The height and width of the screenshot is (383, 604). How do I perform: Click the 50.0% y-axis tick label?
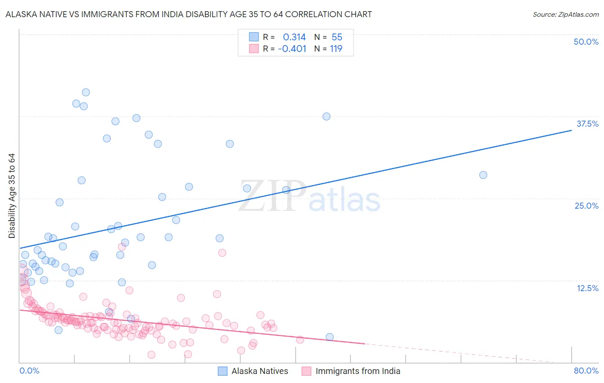pyautogui.click(x=586, y=42)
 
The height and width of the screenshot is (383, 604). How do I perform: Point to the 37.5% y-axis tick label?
pyautogui.click(x=587, y=124)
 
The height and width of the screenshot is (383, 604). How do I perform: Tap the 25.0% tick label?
pyautogui.click(x=586, y=206)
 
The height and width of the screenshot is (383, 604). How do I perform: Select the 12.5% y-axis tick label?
pyautogui.click(x=587, y=288)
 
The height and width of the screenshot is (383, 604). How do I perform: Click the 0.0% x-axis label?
pyautogui.click(x=29, y=371)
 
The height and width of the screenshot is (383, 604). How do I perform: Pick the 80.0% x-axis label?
pyautogui.click(x=586, y=371)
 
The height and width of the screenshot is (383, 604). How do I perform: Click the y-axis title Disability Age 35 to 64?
pyautogui.click(x=12, y=196)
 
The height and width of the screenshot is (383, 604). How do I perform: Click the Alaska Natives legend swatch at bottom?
pyautogui.click(x=223, y=371)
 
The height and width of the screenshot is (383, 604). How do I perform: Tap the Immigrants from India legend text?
pyautogui.click(x=357, y=371)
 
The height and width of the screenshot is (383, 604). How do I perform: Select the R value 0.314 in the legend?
pyautogui.click(x=294, y=37)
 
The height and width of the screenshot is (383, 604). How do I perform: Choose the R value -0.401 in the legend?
pyautogui.click(x=292, y=49)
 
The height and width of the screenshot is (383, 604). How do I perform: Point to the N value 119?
pyautogui.click(x=336, y=49)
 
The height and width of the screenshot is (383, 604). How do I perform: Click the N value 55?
pyautogui.click(x=337, y=37)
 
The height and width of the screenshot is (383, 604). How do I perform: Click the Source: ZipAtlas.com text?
pyautogui.click(x=565, y=15)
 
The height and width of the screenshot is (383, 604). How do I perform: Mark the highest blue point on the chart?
pyautogui.click(x=86, y=92)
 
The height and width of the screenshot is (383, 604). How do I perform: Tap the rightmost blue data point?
pyautogui.click(x=483, y=175)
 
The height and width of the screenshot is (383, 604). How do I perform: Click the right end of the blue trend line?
pyautogui.click(x=571, y=130)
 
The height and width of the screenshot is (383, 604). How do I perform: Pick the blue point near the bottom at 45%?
pyautogui.click(x=329, y=337)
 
